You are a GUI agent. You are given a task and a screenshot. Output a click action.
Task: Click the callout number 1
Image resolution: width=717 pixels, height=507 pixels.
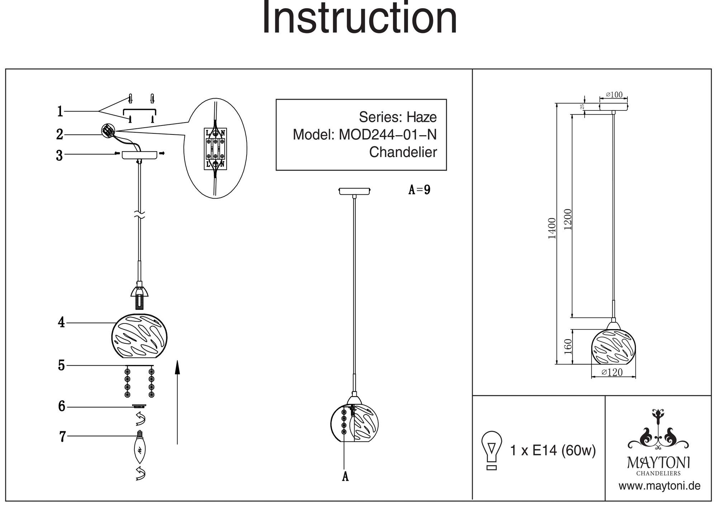(60, 112)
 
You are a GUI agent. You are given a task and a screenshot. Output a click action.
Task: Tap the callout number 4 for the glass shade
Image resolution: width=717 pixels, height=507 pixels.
(61, 323)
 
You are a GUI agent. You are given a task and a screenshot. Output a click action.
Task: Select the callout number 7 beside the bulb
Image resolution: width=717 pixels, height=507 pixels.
(62, 437)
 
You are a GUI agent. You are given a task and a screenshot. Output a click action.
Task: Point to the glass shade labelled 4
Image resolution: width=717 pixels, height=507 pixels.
(139, 336)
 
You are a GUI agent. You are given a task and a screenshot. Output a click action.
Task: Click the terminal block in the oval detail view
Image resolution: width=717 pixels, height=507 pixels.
(215, 149)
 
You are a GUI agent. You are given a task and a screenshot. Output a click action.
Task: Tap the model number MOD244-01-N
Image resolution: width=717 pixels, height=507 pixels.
(388, 135)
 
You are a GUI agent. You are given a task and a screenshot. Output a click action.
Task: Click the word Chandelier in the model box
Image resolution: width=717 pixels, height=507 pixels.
(403, 152)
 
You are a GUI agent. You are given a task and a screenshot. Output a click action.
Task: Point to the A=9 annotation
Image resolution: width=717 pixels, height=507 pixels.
(419, 190)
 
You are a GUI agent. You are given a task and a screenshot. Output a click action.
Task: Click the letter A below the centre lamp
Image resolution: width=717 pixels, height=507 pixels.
(345, 477)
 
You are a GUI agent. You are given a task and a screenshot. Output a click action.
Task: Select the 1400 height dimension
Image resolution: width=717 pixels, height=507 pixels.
(552, 228)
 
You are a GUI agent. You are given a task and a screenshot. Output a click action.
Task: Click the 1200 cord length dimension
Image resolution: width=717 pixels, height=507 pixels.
(568, 219)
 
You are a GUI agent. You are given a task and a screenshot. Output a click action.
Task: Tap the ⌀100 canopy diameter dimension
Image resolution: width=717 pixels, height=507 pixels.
(614, 95)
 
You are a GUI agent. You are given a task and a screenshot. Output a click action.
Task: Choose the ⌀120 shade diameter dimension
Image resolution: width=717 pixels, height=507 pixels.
(612, 373)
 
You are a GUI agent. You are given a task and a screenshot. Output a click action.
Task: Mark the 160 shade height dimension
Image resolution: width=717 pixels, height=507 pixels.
(568, 346)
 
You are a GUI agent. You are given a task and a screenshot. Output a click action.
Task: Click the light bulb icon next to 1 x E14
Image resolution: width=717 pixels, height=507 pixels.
(492, 450)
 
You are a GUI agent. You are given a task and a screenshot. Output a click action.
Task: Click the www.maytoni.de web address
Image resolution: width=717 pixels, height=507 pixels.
(659, 486)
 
